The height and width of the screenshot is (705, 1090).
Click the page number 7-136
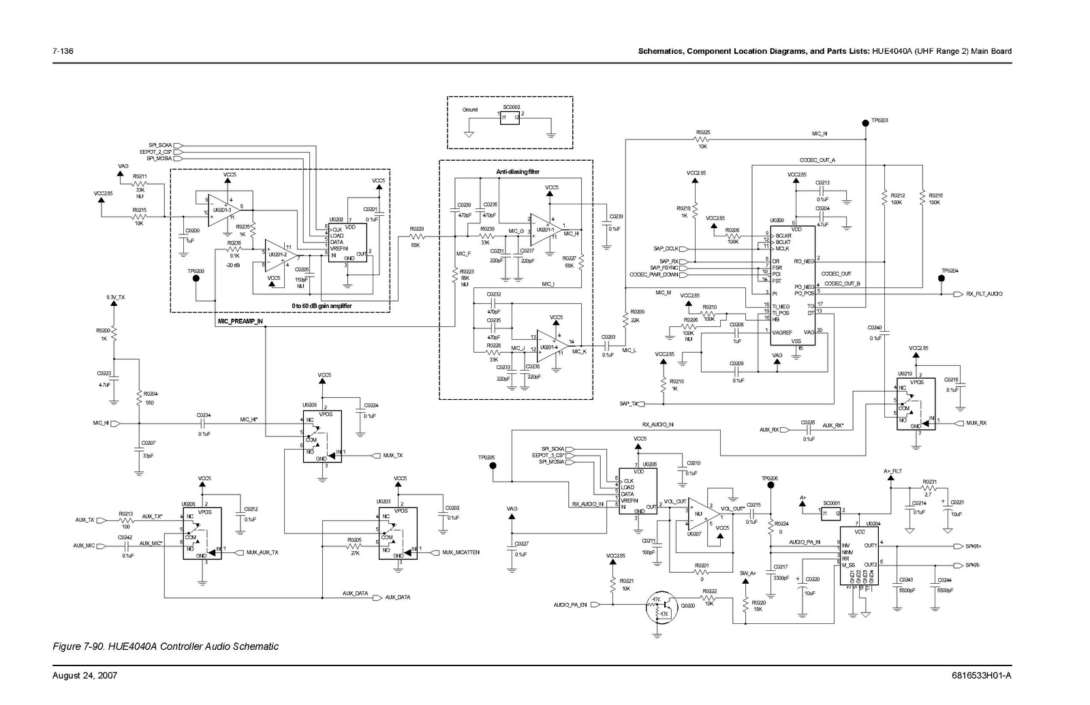(x=63, y=51)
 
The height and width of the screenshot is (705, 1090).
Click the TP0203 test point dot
(x=865, y=121)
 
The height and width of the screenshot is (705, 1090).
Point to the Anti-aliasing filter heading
(x=518, y=172)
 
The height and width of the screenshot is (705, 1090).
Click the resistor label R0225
(x=702, y=132)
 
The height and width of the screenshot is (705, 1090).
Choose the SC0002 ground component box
(x=510, y=118)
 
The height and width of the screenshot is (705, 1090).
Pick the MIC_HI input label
(x=101, y=423)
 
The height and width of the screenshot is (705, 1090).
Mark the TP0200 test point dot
(x=196, y=277)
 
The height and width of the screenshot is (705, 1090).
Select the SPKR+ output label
(x=974, y=546)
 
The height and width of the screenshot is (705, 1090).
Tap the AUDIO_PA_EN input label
(x=570, y=605)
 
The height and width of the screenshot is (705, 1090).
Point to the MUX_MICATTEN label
(x=461, y=552)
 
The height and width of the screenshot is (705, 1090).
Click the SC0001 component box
(x=830, y=513)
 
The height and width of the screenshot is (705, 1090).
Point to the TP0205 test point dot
(x=493, y=467)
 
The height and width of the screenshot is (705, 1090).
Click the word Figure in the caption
(x=66, y=646)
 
